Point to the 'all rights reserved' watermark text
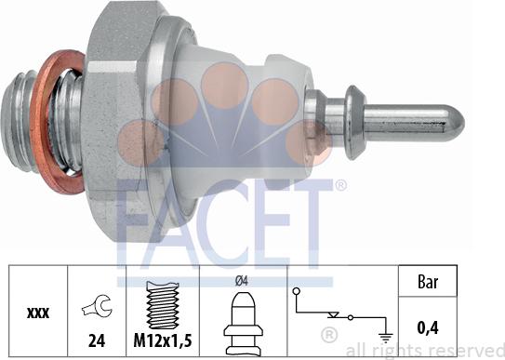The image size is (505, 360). (424, 349)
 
